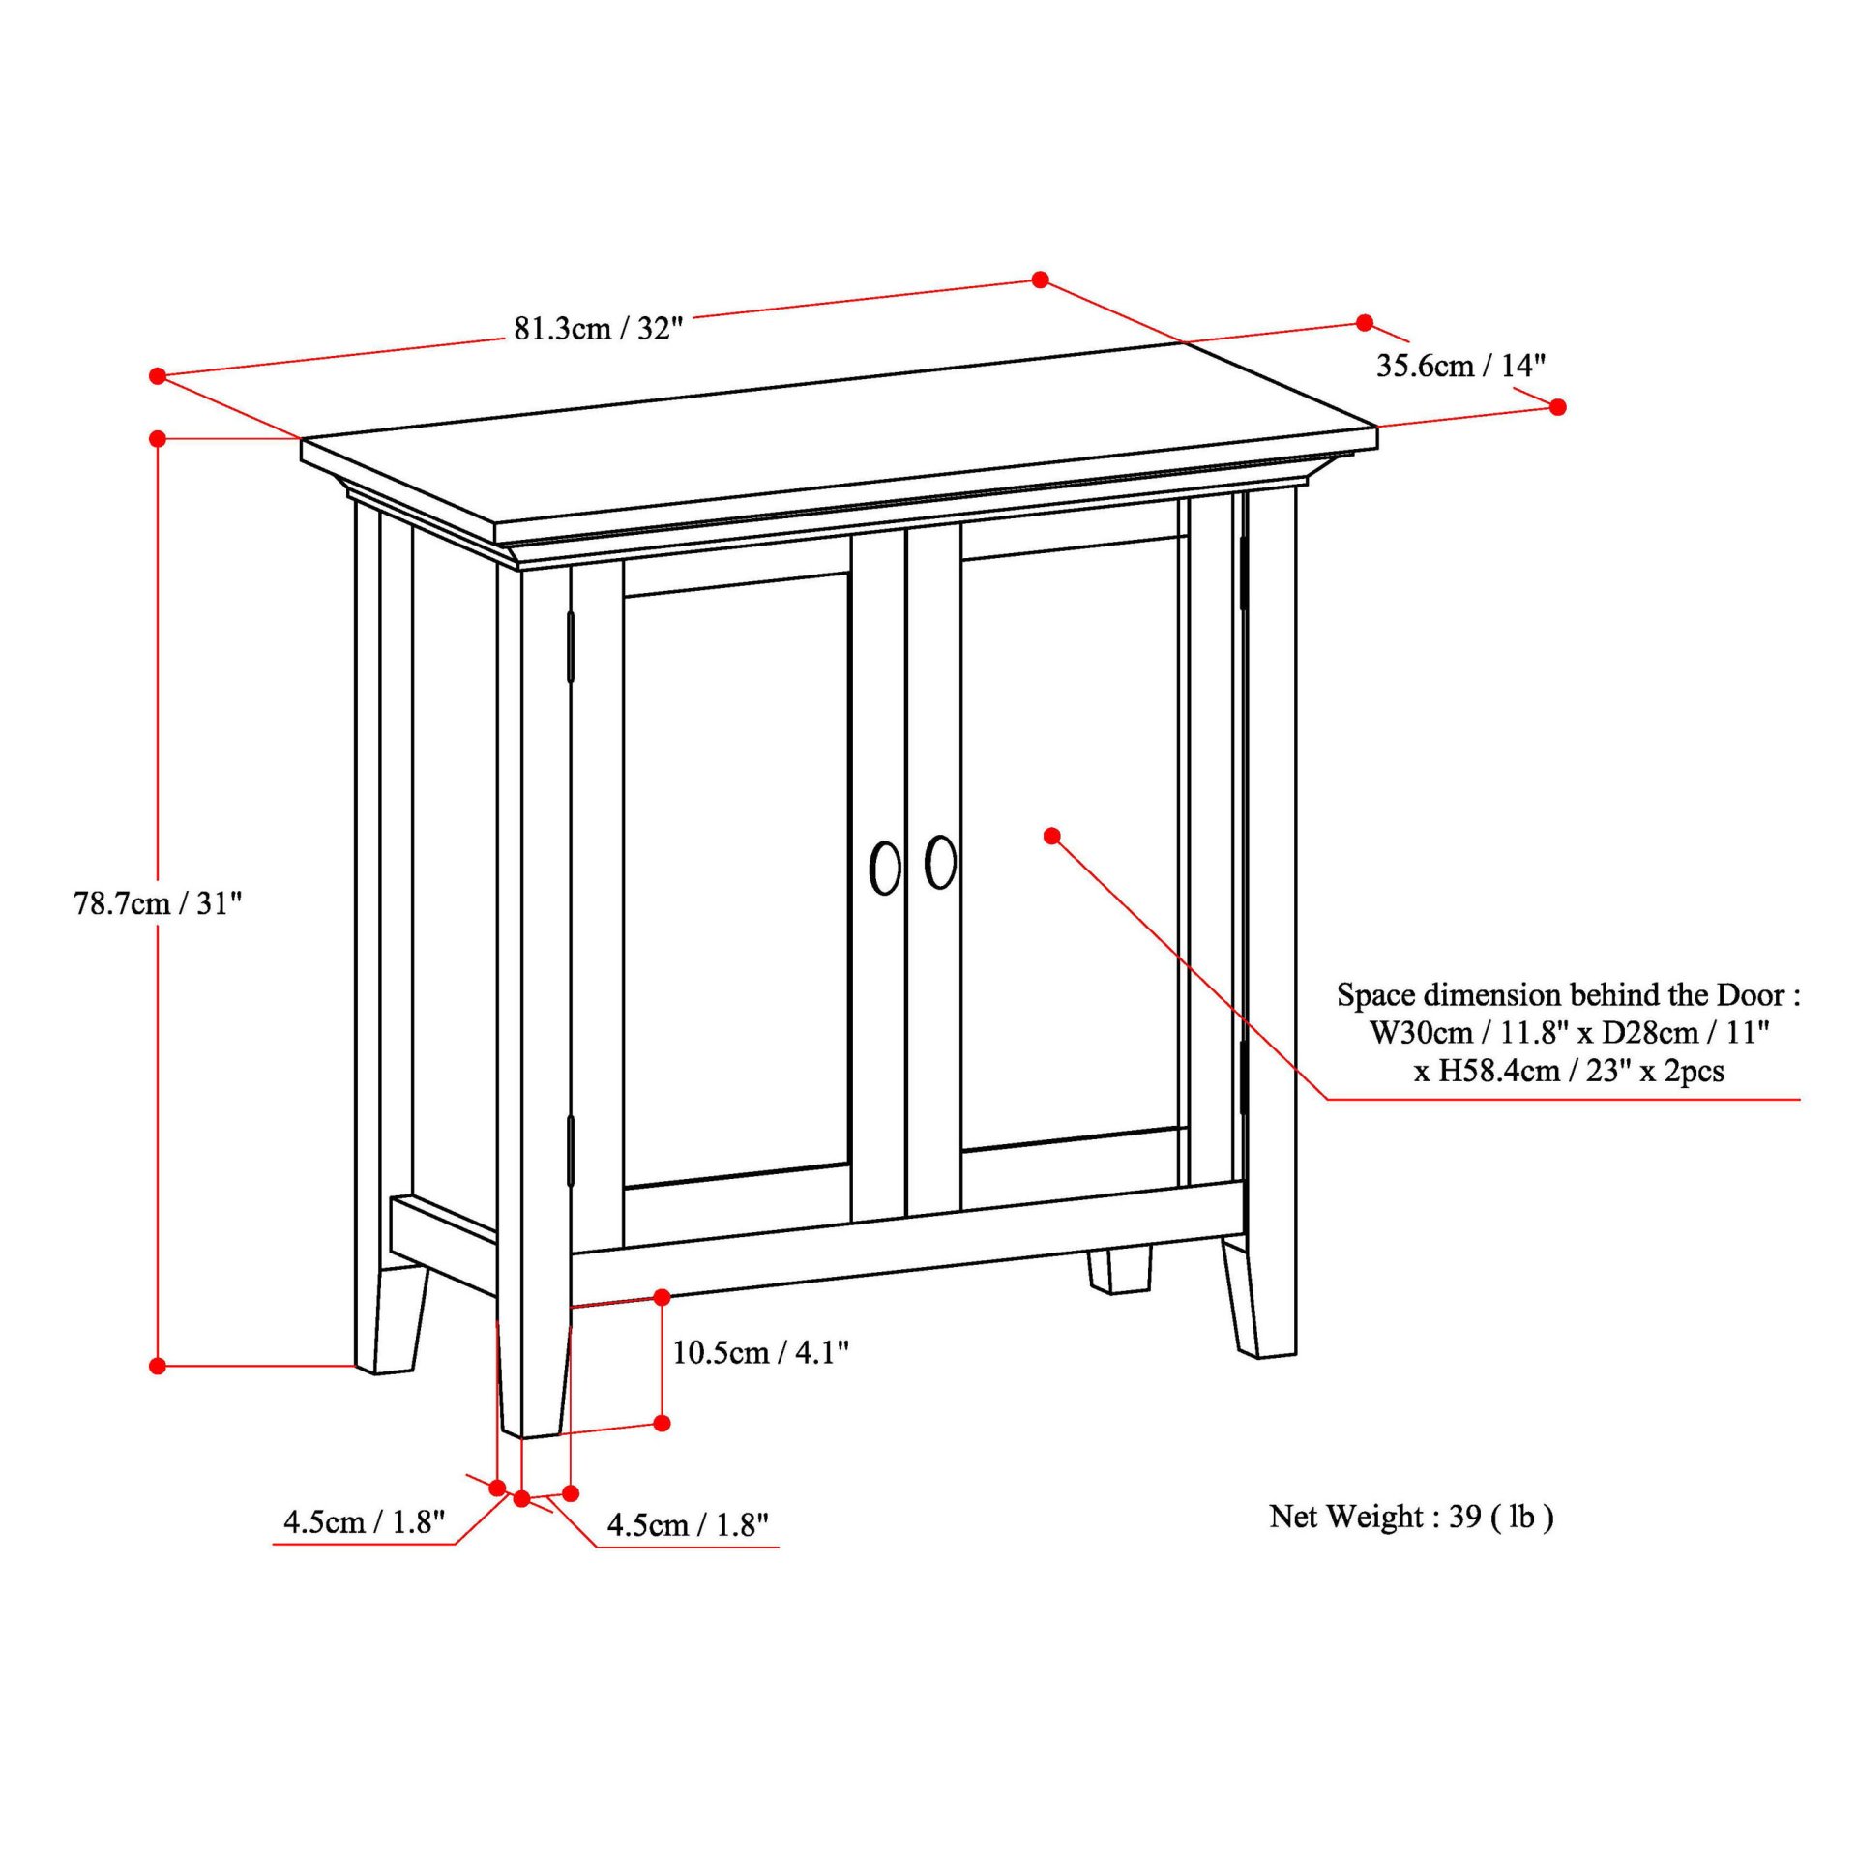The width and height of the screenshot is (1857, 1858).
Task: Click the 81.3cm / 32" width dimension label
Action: coord(598,329)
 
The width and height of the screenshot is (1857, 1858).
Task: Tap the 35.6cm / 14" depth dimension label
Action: coord(1460,366)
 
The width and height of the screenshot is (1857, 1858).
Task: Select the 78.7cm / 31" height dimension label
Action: coord(158,903)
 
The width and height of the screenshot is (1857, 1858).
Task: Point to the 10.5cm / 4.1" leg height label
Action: coord(760,1352)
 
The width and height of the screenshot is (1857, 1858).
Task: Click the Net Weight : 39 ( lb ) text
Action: coord(1411,1517)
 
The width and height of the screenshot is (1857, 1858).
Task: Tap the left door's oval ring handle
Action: coord(885,868)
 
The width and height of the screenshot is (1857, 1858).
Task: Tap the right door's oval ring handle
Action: coord(940,862)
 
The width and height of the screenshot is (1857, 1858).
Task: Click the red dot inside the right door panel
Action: coord(1052,836)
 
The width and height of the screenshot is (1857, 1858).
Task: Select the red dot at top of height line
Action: coord(159,439)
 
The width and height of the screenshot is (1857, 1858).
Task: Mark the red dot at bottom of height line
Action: coord(159,1366)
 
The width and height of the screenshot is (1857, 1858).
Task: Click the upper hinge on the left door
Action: coord(571,646)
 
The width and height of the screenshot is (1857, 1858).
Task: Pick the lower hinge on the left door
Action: coord(571,1151)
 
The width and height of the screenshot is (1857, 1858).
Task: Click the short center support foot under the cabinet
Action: coord(1120,1271)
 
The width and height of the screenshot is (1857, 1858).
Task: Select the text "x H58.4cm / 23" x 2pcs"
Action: coord(1569,1071)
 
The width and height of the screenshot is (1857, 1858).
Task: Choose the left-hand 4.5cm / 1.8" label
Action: coord(364,1522)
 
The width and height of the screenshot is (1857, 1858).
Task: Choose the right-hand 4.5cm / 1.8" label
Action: coord(688,1525)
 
